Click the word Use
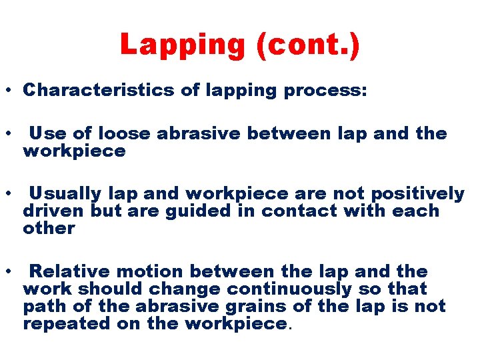44,133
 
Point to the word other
49,229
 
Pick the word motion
152,272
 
